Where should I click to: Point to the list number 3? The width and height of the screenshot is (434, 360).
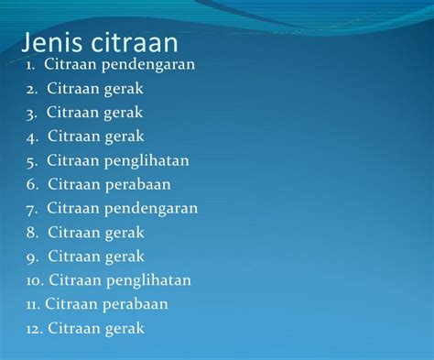coord(31,113)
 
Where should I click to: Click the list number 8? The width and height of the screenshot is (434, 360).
coord(31,232)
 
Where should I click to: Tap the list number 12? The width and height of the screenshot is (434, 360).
coord(34,327)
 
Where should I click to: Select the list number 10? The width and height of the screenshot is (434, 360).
coord(34,279)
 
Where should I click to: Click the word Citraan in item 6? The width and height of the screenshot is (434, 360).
coord(77,184)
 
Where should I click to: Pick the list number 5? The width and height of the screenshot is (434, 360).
coord(31,161)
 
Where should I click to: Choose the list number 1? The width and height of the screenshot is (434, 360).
coord(30,65)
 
